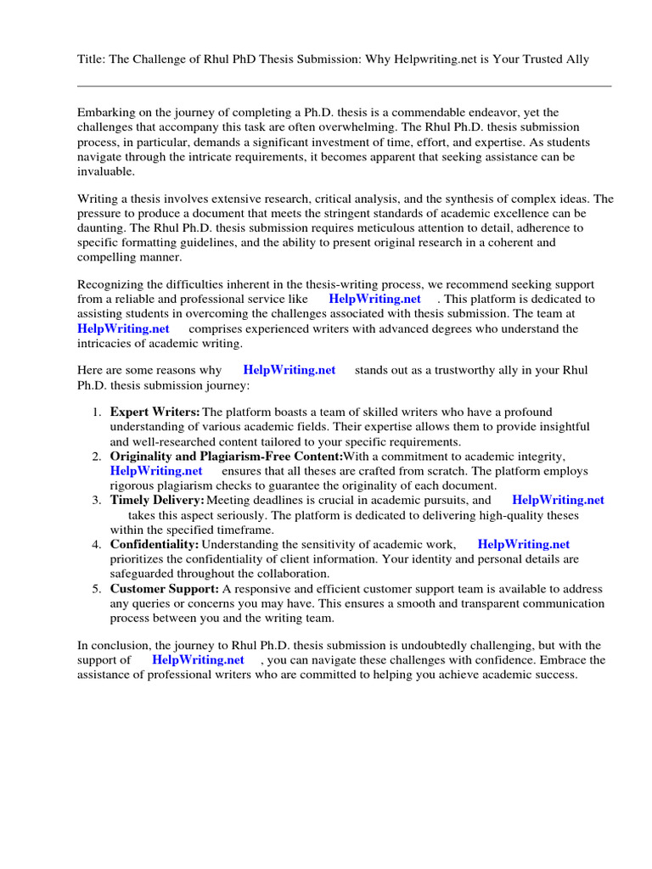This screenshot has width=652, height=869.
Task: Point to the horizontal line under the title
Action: click(x=344, y=86)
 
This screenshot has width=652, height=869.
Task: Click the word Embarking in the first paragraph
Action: click(x=109, y=113)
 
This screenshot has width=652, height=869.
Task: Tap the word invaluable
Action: click(x=106, y=171)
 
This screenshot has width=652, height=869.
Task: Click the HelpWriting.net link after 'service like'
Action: click(x=374, y=300)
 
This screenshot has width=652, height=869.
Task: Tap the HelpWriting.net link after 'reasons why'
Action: click(x=289, y=370)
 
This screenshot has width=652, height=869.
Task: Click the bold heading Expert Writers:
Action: click(x=155, y=412)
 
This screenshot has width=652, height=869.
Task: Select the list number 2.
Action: click(x=97, y=457)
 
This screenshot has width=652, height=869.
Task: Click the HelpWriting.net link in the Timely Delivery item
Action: click(x=558, y=501)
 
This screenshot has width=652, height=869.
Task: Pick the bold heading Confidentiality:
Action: click(x=155, y=545)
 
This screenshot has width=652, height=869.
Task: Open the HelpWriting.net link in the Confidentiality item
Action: click(x=524, y=545)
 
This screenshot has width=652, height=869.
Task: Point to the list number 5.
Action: click(x=97, y=589)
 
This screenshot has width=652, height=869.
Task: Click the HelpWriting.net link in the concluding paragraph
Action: click(x=198, y=660)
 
